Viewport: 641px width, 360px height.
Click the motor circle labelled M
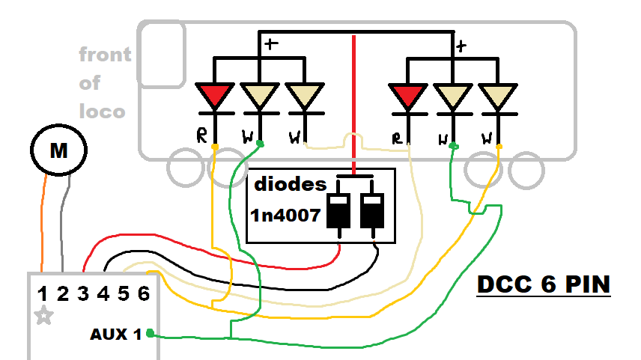pos(58,150)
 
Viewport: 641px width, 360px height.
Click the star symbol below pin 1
pos(44,316)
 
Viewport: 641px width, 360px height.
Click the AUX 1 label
pos(116,334)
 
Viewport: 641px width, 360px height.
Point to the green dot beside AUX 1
pos(151,333)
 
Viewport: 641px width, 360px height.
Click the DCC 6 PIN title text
pos(544,285)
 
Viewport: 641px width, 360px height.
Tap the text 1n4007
pos(285,217)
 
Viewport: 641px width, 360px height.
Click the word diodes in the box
pos(290,184)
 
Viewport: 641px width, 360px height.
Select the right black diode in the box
pos(371,210)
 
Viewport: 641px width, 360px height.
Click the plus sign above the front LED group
pos(271,44)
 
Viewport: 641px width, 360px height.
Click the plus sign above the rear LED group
pos(461,46)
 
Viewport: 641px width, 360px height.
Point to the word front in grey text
pos(105,55)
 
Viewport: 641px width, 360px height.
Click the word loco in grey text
pos(102,112)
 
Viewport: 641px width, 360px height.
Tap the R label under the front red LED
pos(201,136)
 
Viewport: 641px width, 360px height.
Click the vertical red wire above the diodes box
pos(353,97)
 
